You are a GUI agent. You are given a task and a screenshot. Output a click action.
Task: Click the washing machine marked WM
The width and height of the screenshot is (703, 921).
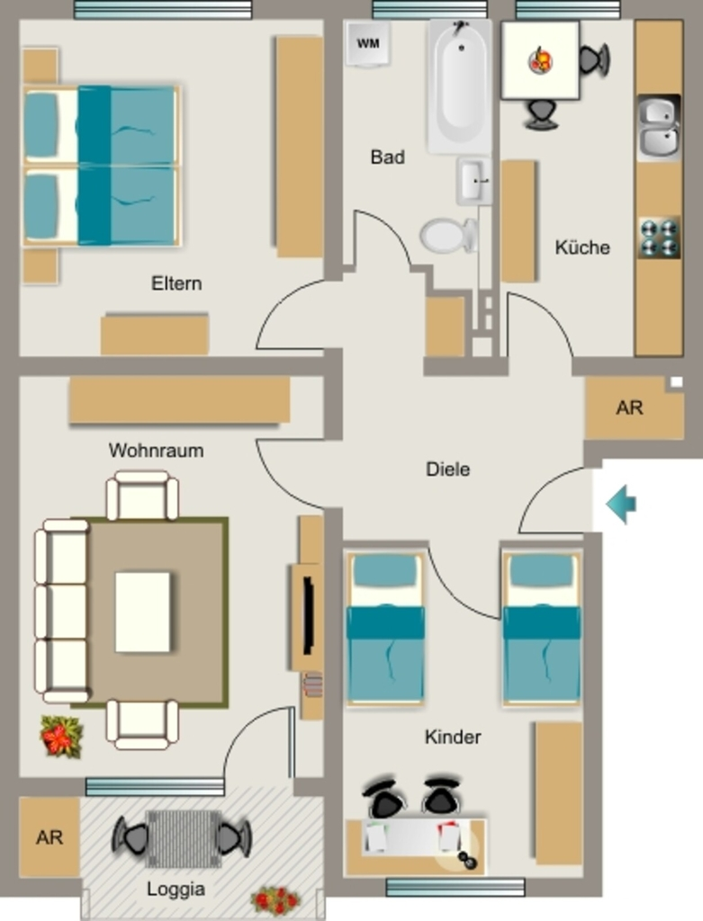click(x=368, y=43)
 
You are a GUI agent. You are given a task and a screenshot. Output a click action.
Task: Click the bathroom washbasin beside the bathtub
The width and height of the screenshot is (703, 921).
click(x=473, y=181)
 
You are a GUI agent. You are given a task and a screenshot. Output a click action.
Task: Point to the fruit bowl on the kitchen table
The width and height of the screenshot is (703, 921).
click(x=540, y=60)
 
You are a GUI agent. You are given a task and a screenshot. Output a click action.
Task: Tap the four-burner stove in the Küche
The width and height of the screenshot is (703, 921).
click(x=659, y=237)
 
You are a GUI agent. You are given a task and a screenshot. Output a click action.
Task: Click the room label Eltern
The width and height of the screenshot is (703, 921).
click(x=176, y=283)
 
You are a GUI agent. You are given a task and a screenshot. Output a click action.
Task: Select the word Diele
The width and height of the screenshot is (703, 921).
click(x=448, y=469)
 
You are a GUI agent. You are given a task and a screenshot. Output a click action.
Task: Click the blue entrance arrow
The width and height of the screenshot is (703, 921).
click(x=621, y=504)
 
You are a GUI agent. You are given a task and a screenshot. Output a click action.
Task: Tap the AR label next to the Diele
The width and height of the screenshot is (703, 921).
click(x=629, y=407)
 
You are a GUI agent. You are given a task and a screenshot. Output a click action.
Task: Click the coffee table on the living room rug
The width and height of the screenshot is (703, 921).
click(x=143, y=612)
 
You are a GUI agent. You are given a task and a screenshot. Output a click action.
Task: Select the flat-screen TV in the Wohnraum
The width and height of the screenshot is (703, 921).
click(x=308, y=615)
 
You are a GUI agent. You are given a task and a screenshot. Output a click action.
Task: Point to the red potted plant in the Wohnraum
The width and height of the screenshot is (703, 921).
click(x=61, y=736)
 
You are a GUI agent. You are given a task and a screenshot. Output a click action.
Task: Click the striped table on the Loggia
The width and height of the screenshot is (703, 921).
click(x=184, y=838)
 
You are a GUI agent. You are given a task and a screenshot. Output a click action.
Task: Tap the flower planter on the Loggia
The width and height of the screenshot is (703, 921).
click(x=275, y=899)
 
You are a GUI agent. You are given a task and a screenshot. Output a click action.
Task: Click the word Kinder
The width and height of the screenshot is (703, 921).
click(x=453, y=738)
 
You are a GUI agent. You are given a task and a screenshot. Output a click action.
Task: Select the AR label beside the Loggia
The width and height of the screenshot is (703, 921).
click(x=50, y=837)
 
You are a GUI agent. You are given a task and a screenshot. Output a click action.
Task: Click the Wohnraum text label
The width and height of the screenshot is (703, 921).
click(x=157, y=451)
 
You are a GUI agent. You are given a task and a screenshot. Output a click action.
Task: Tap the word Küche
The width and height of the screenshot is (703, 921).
click(x=582, y=247)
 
